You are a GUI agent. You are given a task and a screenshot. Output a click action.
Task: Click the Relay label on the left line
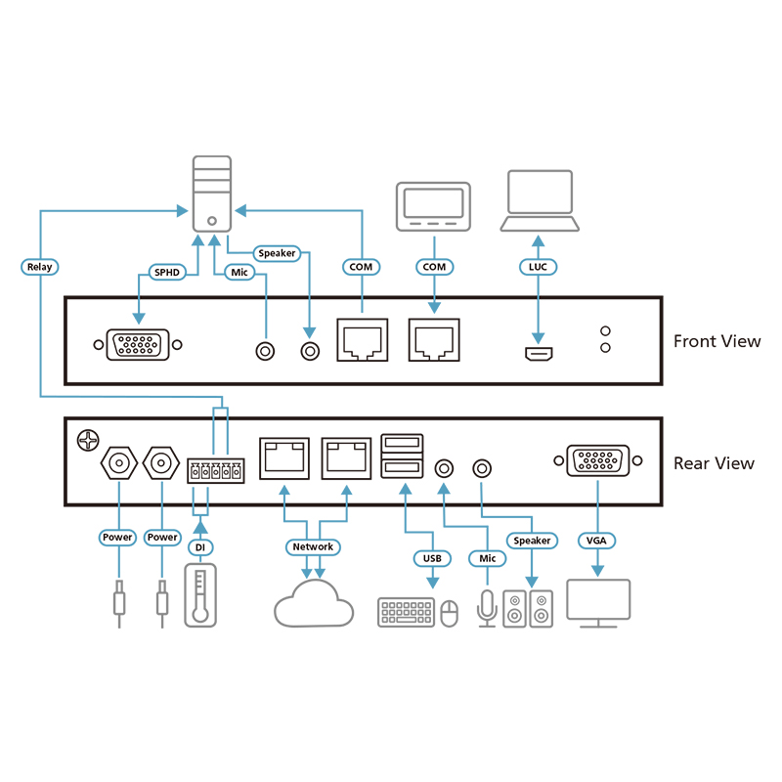(x=40, y=267)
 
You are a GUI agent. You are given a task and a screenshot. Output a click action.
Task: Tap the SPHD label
(x=164, y=273)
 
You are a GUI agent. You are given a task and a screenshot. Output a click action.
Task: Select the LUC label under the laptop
(x=537, y=267)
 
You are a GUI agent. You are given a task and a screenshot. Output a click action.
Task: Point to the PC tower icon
(x=212, y=195)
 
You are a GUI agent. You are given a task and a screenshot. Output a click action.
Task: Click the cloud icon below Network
(x=313, y=604)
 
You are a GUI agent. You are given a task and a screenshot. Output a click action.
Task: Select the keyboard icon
(x=406, y=613)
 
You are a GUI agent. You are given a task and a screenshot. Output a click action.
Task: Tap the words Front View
(x=717, y=341)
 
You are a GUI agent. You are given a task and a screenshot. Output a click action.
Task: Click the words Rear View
(x=714, y=463)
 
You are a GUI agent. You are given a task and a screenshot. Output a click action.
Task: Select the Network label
(x=313, y=546)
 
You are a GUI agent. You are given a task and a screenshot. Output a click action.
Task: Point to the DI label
(x=199, y=547)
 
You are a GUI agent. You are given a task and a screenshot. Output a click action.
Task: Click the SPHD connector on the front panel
(x=136, y=344)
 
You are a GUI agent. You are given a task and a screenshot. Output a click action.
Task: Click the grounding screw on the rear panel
(x=88, y=441)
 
